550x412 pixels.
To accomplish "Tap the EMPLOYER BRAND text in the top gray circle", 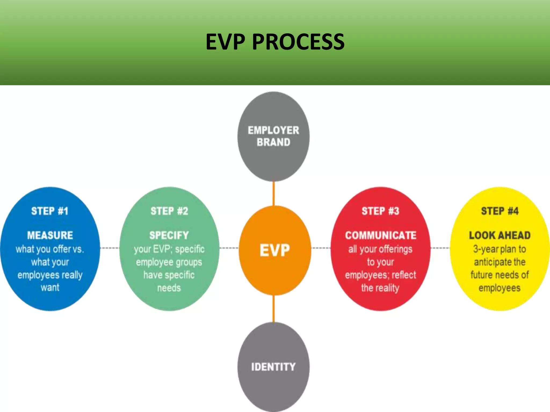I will pos(273,136).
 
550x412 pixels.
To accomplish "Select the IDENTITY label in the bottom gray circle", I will pos(273,367).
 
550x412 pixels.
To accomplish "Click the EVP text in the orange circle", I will pos(275,250).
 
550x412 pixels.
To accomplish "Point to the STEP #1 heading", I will pos(50,211).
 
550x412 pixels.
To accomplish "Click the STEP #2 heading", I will pos(169,211).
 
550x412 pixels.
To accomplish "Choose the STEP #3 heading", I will pos(380,211).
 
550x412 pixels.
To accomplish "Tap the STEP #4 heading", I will pos(500,211).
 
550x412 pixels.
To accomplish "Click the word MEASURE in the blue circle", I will pos(50,235).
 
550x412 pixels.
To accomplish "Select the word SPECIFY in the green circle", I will pos(169,235).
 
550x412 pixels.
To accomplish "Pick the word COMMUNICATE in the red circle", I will pos(381,235).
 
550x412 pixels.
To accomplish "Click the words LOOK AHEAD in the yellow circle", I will pos(500,235).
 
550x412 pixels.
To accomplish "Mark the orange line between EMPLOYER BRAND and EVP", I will pos(274,194).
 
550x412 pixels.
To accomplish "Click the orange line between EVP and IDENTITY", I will pos(274,308).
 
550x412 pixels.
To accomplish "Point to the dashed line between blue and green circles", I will pos(110,248).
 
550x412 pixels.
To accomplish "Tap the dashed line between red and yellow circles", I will pos(440,248).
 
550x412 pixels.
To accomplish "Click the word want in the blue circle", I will pos(50,288).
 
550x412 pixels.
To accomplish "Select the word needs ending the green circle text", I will pos(169,288).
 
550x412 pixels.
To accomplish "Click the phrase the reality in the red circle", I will pos(380,288).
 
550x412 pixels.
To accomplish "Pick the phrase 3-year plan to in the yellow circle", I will pos(500,249).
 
